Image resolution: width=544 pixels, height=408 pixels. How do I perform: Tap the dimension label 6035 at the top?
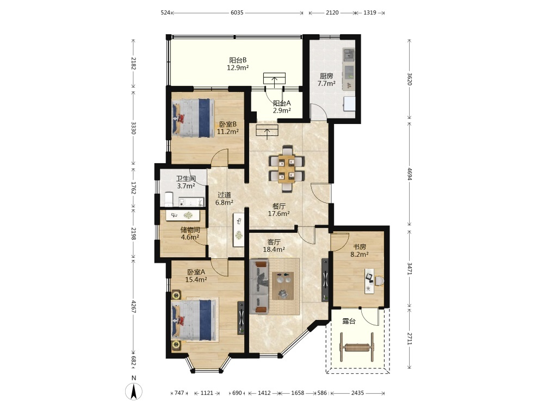click(x=237, y=13)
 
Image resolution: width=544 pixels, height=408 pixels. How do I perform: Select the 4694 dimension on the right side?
click(x=410, y=174)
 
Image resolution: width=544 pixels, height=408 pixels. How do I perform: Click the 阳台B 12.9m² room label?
click(x=238, y=64)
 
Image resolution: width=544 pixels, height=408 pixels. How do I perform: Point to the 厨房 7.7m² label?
click(x=326, y=79)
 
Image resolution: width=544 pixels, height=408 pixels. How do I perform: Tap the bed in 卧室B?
click(x=193, y=118)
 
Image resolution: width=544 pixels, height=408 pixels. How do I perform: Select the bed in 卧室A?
click(x=195, y=320)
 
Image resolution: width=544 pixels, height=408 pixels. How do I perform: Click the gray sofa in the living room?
click(x=259, y=287)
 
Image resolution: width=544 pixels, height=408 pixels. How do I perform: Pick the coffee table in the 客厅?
click(x=283, y=286)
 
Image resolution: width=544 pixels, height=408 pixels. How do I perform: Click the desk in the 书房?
click(x=369, y=281)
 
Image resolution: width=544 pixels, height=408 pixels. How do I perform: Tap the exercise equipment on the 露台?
click(x=357, y=347)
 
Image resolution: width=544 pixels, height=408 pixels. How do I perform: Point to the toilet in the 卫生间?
click(x=169, y=199)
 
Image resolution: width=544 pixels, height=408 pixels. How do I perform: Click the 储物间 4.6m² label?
click(x=190, y=233)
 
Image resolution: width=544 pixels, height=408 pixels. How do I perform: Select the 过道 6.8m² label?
click(x=224, y=199)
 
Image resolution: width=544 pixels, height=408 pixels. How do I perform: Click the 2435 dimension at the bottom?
click(x=357, y=393)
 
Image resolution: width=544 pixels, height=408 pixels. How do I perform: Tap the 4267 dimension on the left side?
click(x=134, y=306)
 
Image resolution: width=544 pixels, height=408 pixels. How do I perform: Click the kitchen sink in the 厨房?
click(x=349, y=54)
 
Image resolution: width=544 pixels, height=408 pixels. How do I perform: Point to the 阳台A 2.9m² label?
click(x=282, y=107)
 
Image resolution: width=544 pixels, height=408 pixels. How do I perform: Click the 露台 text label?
click(x=349, y=322)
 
